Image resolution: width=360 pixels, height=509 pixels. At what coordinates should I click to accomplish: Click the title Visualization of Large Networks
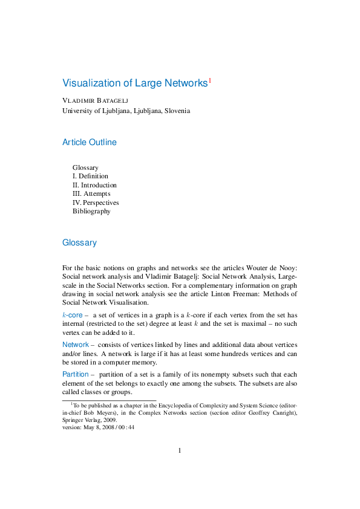[x=135, y=83]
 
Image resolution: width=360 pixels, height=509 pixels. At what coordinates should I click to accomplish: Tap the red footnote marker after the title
[x=210, y=80]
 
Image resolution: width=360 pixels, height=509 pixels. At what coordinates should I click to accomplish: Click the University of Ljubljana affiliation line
[x=126, y=111]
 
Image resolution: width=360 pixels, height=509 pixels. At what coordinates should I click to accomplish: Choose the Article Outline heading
[x=90, y=143]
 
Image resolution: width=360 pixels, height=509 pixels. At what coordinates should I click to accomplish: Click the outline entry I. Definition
[x=90, y=176]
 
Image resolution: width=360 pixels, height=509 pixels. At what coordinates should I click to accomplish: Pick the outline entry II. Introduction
[x=94, y=185]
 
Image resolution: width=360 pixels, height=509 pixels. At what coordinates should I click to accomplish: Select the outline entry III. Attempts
[x=91, y=194]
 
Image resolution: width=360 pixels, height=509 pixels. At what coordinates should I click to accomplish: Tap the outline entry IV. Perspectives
[x=96, y=203]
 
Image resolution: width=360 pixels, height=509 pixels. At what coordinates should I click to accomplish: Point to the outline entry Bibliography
[x=91, y=212]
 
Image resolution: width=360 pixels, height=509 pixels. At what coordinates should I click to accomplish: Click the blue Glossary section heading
[x=79, y=242]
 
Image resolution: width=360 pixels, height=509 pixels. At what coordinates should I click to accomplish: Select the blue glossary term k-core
[x=73, y=315]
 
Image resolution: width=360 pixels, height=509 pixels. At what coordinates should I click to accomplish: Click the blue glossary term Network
[x=76, y=344]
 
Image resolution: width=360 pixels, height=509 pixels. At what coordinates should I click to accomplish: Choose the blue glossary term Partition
[x=76, y=374]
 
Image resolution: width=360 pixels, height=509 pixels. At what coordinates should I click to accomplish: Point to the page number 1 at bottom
[x=180, y=450]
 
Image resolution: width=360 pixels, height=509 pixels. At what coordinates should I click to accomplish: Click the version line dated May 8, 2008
[x=98, y=427]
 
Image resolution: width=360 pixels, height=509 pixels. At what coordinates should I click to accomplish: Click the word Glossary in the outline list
[x=85, y=167]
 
